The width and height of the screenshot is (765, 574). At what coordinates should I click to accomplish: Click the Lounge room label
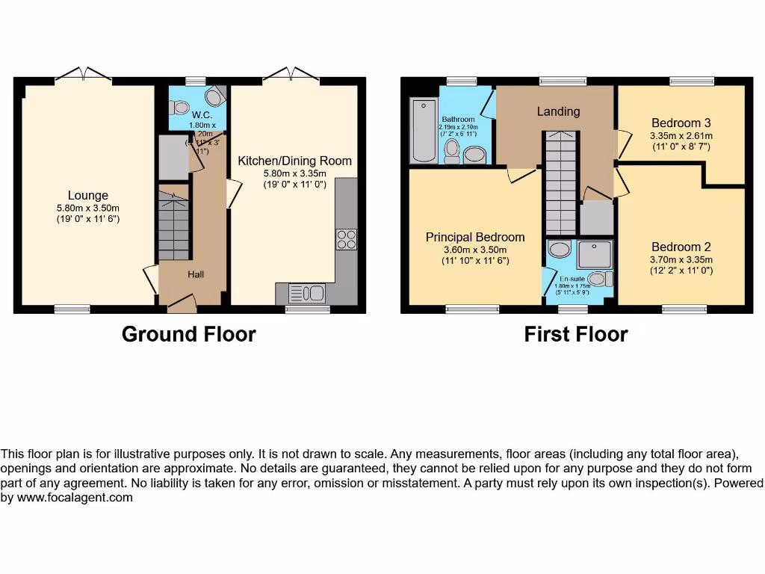coord(88,196)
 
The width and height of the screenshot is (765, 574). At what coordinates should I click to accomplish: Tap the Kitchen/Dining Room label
coord(294,161)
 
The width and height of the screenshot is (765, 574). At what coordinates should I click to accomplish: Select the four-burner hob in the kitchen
coord(347,239)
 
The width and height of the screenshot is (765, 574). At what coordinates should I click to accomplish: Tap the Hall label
coord(196,275)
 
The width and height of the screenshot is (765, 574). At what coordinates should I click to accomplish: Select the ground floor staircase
coord(173,224)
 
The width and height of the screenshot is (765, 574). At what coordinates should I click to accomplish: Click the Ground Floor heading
coord(188,334)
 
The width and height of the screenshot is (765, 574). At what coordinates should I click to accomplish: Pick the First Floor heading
coord(576,334)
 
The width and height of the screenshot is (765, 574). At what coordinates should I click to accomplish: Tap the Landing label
coord(558,111)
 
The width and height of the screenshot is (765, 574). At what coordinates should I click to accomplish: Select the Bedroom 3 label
coord(681,123)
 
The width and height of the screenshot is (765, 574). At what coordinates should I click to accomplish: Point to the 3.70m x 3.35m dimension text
coord(681,259)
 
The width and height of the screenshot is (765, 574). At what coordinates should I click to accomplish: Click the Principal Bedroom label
coord(475,237)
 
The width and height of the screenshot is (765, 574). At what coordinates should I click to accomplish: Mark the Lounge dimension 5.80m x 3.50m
coord(88,208)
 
